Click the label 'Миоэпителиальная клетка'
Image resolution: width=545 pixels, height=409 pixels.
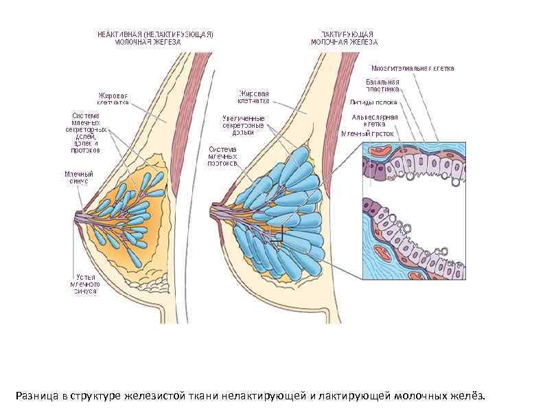[412, 69]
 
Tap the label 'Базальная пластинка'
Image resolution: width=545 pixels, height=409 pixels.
[382, 85]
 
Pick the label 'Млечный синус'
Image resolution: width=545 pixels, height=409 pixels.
[79, 178]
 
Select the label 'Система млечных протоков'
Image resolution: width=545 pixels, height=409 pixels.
[223, 157]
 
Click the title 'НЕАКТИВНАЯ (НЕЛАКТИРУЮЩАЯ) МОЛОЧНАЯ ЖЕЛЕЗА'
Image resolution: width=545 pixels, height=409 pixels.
[155, 37]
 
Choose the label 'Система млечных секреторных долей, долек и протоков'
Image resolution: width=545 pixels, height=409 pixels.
[86, 132]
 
